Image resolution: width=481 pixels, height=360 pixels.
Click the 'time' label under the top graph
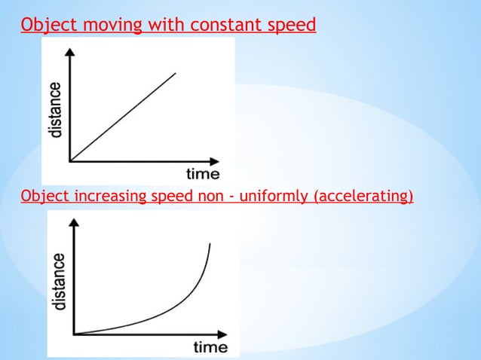[x=203, y=175]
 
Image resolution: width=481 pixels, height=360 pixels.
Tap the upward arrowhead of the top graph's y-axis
[x=70, y=52]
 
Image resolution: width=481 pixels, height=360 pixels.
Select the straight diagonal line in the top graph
[x=123, y=117]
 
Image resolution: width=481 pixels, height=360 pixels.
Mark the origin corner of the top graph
[x=70, y=160]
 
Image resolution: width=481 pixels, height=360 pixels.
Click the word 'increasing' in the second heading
[x=106, y=197]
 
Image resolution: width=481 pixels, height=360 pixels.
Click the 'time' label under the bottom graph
[x=210, y=347]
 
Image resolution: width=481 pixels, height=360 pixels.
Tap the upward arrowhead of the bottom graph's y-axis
[x=75, y=224]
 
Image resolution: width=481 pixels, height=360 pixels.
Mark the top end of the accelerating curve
[x=209, y=244]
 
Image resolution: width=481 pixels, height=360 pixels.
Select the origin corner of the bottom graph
[x=75, y=333]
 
